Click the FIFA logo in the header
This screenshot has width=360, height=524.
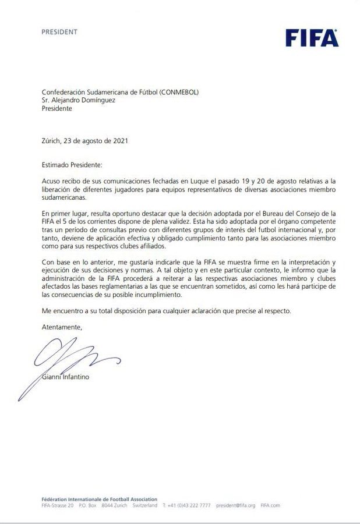(x=312, y=38)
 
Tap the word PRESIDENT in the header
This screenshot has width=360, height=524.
(x=59, y=32)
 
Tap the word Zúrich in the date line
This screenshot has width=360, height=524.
(x=53, y=141)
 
